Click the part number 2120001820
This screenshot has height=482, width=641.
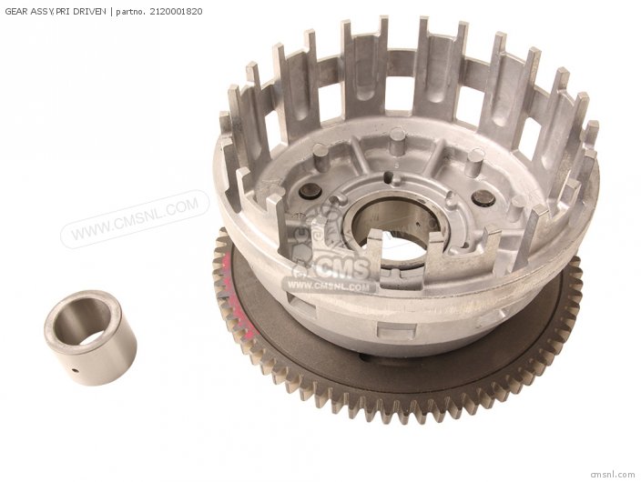click(176, 12)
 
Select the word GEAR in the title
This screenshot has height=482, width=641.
click(15, 12)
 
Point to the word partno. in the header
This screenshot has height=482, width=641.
click(131, 12)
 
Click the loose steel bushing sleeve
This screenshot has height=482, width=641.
click(90, 337)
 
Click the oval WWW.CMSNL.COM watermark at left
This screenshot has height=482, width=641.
click(135, 219)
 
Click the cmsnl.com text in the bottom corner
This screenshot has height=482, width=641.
click(613, 475)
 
